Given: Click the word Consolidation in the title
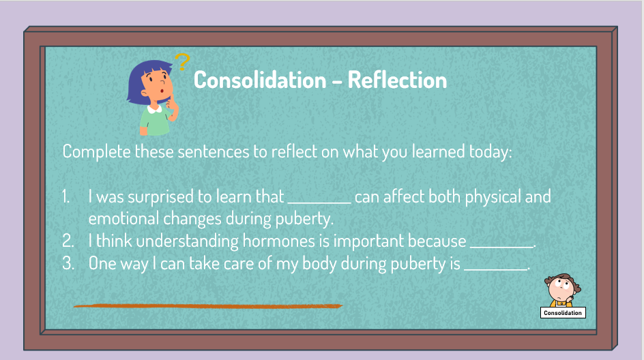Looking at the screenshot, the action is (260, 80).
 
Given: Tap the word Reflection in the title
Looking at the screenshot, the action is (397, 80).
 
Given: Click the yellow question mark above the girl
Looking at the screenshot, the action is (182, 62).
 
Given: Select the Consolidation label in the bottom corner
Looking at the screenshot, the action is (563, 313).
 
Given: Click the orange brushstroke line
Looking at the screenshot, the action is (208, 306).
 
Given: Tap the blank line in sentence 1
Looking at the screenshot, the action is (319, 202).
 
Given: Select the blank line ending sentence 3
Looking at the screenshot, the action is (495, 269).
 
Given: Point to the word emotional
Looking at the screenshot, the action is (123, 218).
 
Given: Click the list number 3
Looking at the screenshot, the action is (68, 263).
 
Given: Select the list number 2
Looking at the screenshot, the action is (68, 241).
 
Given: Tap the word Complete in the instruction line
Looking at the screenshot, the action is (96, 152).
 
